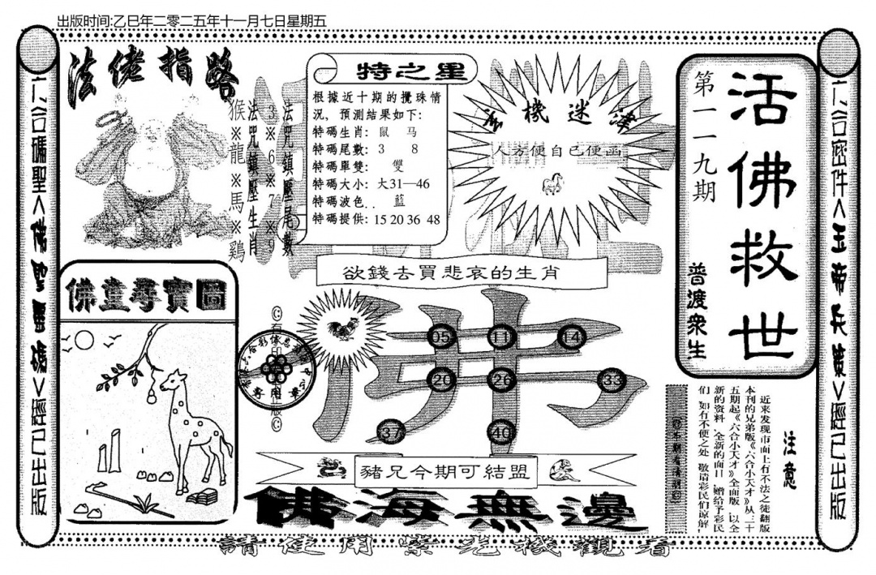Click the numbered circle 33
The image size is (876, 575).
613,380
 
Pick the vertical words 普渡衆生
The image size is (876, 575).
697,310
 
